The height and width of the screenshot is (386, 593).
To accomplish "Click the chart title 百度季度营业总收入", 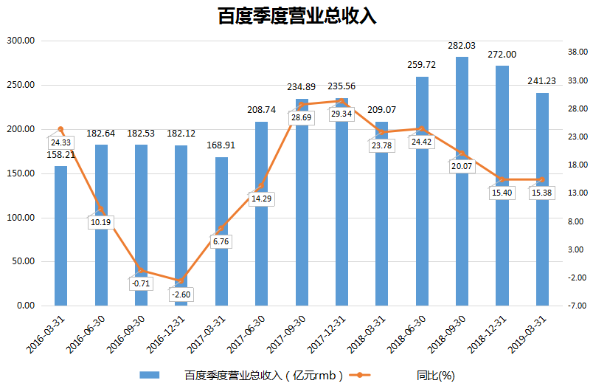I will tap(296, 16).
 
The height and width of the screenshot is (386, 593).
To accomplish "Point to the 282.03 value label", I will tap(462, 46).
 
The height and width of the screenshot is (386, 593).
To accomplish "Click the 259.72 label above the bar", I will tap(422, 65).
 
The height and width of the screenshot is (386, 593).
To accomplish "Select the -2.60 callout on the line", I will tap(181, 294).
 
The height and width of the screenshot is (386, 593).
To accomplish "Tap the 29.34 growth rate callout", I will tap(341, 114).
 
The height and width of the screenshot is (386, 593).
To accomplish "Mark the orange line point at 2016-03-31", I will tap(60, 130).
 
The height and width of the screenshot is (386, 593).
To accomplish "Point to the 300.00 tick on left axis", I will tap(21, 41).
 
